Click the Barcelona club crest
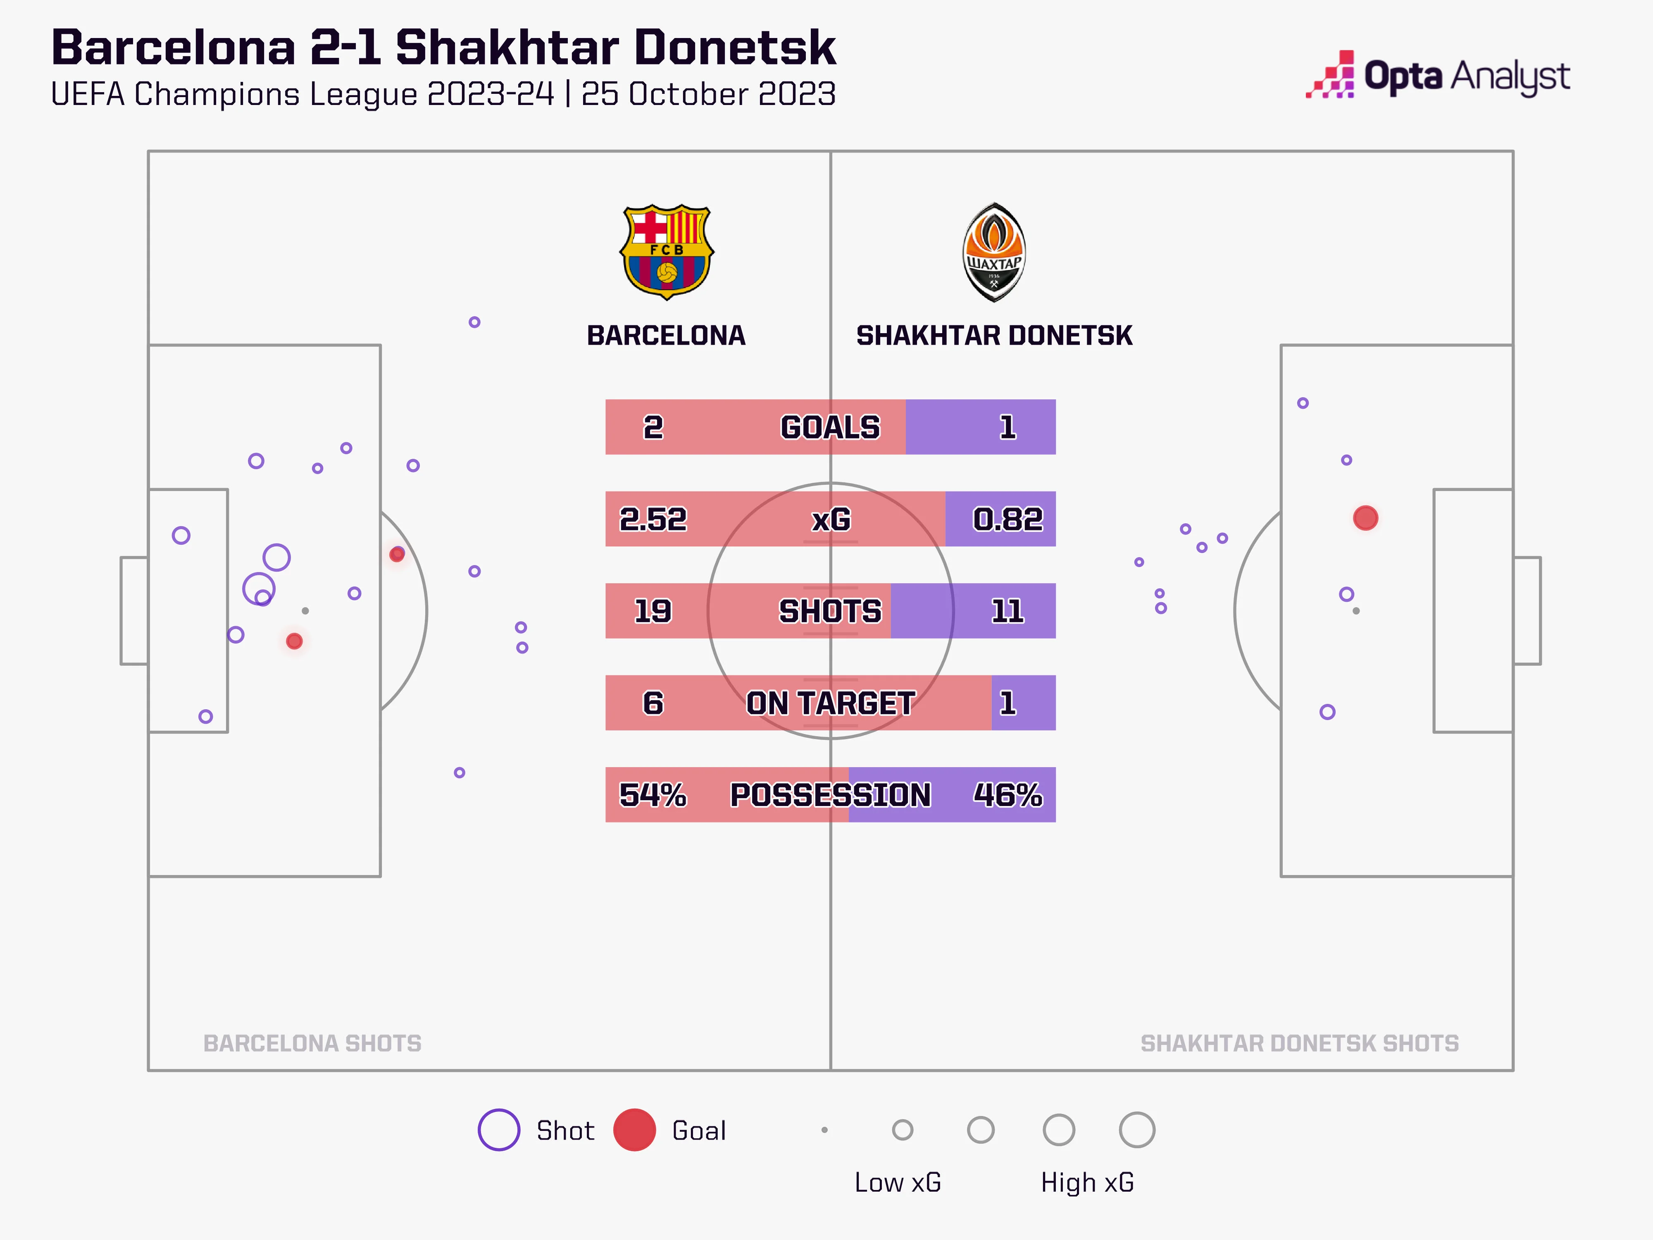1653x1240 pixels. [667, 252]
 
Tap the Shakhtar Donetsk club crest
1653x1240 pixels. [993, 252]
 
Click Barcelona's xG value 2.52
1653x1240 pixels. [653, 519]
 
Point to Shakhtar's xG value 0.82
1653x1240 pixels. [1008, 519]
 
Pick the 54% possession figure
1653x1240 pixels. [653, 794]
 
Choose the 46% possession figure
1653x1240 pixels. [1008, 794]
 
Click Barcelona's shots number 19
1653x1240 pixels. [653, 610]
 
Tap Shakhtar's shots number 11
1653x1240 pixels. [1008, 610]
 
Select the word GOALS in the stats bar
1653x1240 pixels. [830, 427]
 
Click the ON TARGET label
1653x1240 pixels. [830, 703]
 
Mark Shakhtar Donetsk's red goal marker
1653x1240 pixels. [1365, 518]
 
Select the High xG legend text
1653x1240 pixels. [1087, 1183]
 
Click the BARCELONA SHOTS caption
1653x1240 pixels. [312, 1043]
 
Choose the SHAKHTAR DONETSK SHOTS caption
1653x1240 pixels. [1300, 1043]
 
